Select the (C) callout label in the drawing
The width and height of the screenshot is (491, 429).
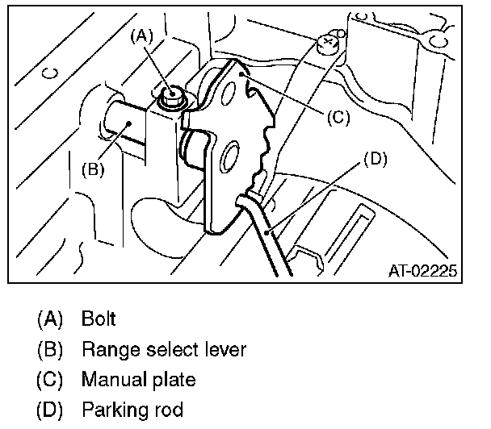pos(338,117)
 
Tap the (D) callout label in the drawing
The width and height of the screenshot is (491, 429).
pos(374,159)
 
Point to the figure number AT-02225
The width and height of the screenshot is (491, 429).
pos(418,271)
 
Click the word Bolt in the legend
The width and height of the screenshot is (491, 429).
pos(99,319)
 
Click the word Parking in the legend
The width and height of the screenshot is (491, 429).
pos(112,410)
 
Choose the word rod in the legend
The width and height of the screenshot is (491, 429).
pos(170,410)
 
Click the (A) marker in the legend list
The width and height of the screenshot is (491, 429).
pos(49,319)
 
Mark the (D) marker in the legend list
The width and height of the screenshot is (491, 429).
pos(49,410)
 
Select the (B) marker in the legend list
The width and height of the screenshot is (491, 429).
pos(49,349)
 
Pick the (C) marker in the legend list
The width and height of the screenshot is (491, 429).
pos(49,379)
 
